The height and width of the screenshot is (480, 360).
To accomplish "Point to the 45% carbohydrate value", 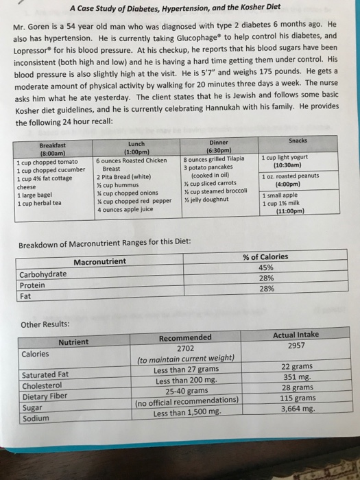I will (266, 268).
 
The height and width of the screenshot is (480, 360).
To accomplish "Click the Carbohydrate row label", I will (43, 274).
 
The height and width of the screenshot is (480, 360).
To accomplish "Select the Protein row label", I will (33, 285).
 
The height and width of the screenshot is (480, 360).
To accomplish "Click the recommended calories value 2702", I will (186, 348).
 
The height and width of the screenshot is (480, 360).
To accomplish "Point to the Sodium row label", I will (36, 418).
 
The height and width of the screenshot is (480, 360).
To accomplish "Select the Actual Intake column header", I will (296, 335).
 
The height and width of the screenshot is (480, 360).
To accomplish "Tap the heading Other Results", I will (45, 324).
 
